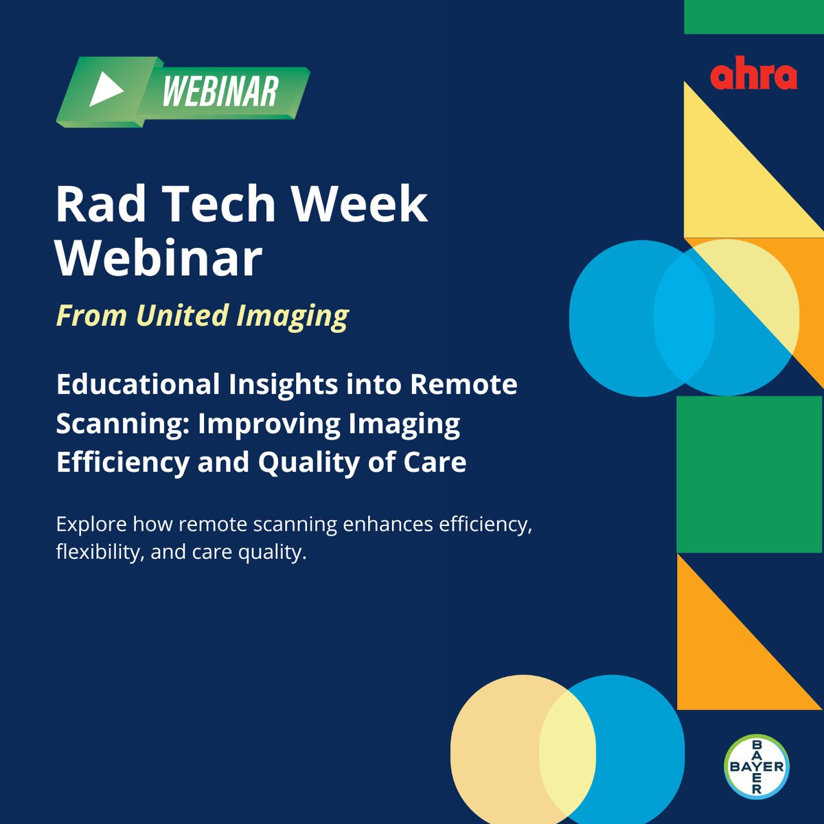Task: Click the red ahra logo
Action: pyautogui.click(x=753, y=75)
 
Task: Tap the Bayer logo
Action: pyautogui.click(x=757, y=766)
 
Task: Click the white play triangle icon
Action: pyautogui.click(x=105, y=90)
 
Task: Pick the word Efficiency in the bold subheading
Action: pyautogui.click(x=122, y=462)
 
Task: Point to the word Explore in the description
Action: pyautogui.click(x=91, y=525)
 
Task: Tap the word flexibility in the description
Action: pyautogui.click(x=99, y=552)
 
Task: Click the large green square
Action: pyautogui.click(x=749, y=474)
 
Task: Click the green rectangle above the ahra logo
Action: pyautogui.click(x=753, y=16)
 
